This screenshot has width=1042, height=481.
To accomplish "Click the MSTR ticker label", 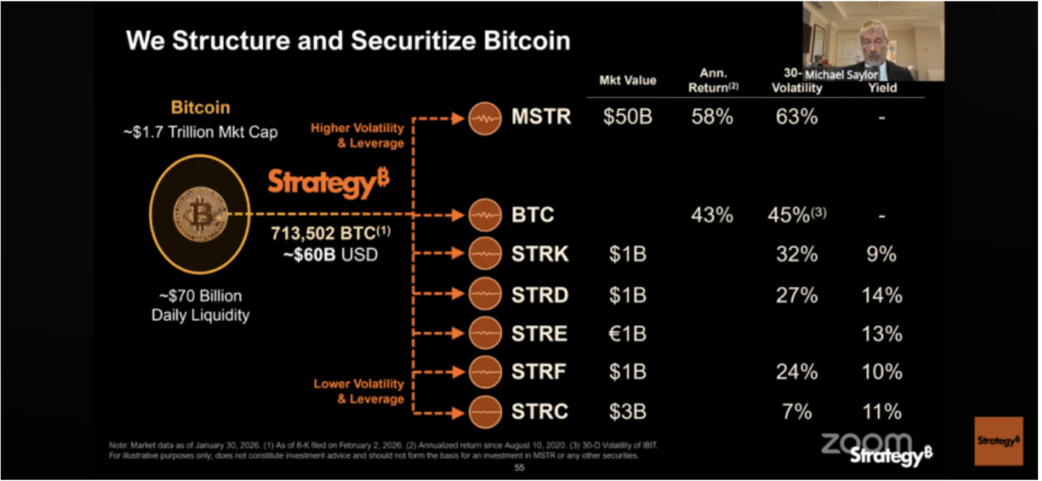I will point(542,117).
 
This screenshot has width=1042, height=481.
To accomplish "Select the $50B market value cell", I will point(628,117).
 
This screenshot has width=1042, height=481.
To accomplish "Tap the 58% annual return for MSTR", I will point(712,117).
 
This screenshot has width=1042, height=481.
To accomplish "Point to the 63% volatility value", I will point(796,117).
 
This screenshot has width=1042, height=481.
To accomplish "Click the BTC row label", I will point(533,216).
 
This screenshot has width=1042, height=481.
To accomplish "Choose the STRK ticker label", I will point(540,255).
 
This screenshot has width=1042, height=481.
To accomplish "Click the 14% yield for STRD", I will point(882,295).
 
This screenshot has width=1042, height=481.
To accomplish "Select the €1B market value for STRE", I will point(628,334).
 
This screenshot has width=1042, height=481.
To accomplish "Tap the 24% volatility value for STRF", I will point(796,372).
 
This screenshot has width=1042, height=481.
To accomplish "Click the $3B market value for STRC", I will point(628,411).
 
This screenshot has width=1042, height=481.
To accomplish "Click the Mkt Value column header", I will point(628,81).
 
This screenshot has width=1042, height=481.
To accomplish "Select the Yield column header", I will point(882,87).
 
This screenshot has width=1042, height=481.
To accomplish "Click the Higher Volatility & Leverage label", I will point(357,136).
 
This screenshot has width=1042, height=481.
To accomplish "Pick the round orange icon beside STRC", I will point(484,411).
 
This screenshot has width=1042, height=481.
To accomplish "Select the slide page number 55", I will point(519,469).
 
